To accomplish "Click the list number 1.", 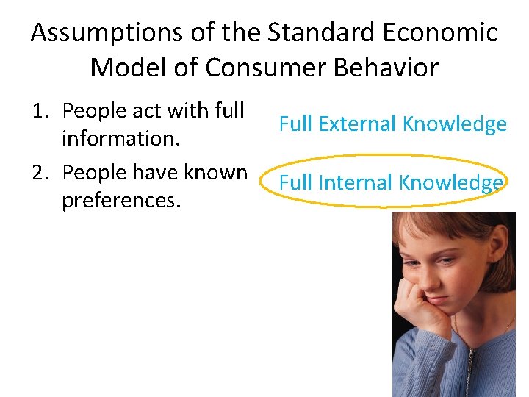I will tap(40, 110).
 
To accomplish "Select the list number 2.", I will tap(40, 172).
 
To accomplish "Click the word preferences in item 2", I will tap(120, 200).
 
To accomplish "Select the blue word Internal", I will tap(353, 182).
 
